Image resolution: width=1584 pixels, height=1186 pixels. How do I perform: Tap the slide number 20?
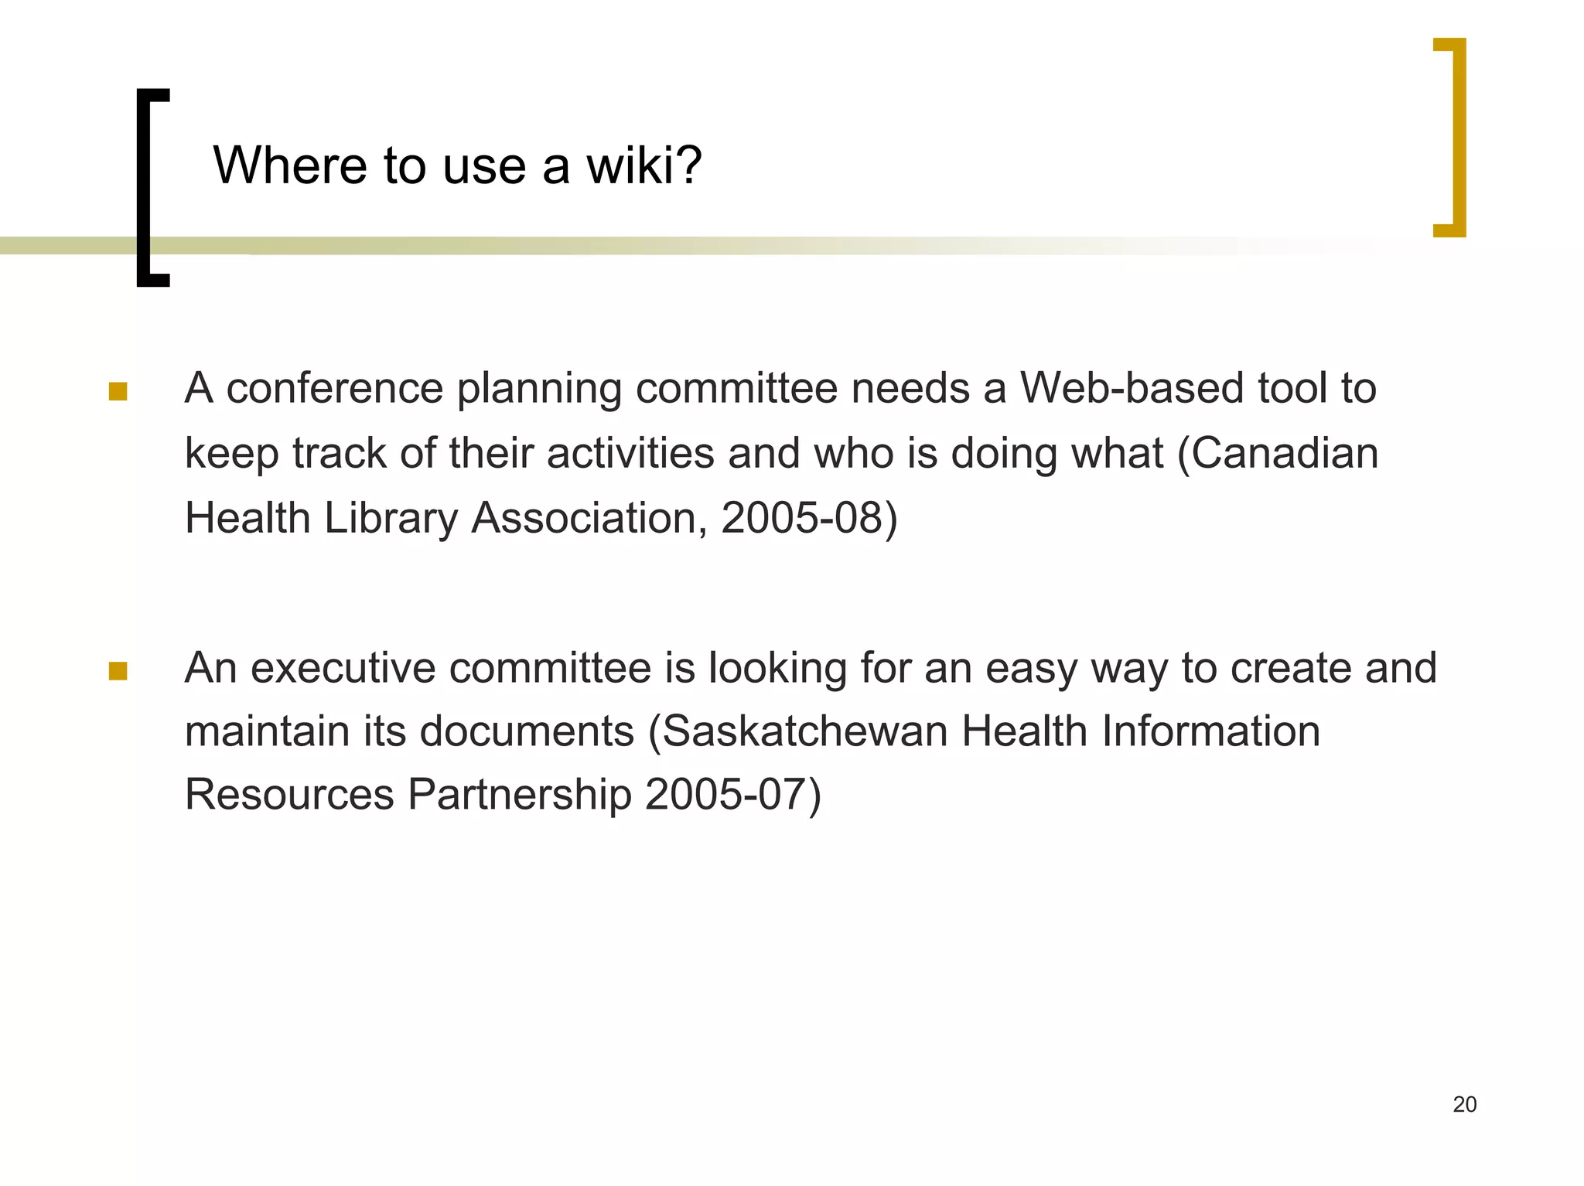point(1464,1104)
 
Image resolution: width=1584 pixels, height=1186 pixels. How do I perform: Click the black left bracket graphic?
point(144,188)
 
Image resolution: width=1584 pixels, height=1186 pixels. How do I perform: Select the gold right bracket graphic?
point(1458,137)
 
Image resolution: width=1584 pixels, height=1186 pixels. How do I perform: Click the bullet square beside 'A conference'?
point(118,391)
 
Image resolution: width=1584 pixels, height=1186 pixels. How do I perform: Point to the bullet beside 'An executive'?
point(118,670)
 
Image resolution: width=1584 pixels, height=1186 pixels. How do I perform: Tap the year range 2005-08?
point(802,517)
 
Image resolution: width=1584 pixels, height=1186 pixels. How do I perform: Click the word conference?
point(334,387)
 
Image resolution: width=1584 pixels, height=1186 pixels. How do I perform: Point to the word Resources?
point(289,794)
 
